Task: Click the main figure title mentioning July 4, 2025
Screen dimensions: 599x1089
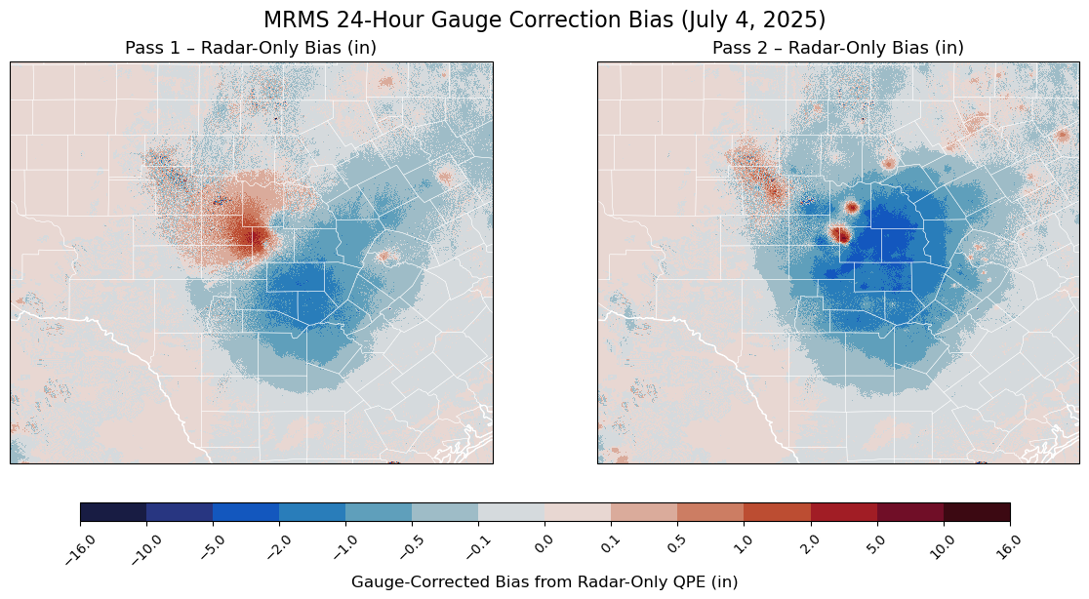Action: tap(544, 20)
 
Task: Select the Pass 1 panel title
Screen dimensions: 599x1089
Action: tap(251, 48)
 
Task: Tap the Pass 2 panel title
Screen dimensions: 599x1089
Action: tap(838, 48)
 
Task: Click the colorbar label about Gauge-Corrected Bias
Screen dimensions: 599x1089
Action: tap(544, 582)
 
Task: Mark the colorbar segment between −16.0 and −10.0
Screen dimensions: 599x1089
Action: tap(113, 512)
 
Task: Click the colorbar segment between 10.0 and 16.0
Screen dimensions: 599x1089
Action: tap(977, 512)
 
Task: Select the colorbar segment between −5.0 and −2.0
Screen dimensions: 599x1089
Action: tap(246, 512)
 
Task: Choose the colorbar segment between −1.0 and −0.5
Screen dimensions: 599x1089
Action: tap(379, 512)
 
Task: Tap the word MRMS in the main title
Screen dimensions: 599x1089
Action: tap(289, 20)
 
